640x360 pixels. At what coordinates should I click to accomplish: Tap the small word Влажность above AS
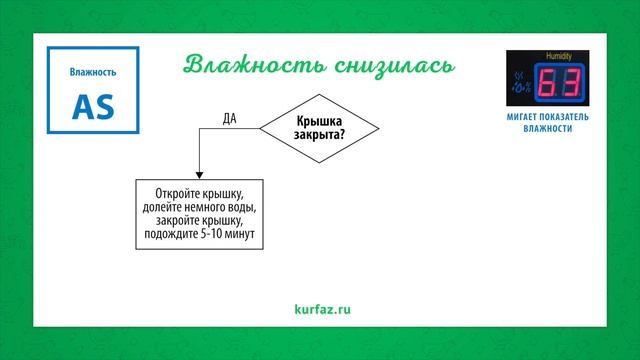tap(93, 72)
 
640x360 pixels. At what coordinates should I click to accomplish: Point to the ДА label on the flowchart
tap(229, 118)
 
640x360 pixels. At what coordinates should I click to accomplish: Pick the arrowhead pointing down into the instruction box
tap(200, 173)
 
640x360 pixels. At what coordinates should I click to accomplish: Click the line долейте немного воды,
tap(200, 207)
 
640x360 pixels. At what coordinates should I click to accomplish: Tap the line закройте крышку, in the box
tap(200, 220)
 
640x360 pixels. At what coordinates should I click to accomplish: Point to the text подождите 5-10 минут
tap(200, 234)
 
